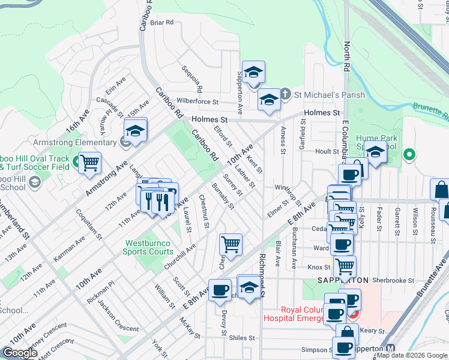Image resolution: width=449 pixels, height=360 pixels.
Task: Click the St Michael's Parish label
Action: [x=329, y=95]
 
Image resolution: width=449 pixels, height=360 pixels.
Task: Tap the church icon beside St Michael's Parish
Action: [x=286, y=95]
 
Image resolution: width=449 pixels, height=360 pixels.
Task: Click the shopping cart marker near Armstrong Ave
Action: [x=89, y=163]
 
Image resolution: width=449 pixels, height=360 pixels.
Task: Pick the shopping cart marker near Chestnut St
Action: [x=231, y=244]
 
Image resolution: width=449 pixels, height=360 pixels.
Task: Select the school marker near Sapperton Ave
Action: [x=254, y=72]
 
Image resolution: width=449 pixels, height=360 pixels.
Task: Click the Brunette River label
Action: [x=430, y=110]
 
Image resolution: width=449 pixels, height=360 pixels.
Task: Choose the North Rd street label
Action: [x=346, y=58]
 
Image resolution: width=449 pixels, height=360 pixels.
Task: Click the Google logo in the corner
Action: [x=20, y=353]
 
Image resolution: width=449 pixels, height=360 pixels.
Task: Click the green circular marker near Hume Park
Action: [x=409, y=155]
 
